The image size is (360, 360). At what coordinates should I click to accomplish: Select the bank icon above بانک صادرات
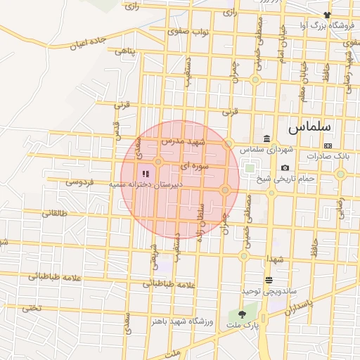click(328, 145)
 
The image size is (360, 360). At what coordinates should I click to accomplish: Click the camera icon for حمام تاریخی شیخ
click(285, 167)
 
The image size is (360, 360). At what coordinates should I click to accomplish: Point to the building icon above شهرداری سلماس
click(266, 139)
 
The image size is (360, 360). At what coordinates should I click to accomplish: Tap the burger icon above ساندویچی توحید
click(269, 281)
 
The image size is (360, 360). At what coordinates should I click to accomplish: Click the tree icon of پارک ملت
click(243, 315)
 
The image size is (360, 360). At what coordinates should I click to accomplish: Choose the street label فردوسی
click(81, 181)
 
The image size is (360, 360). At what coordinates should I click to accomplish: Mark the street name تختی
click(31, 307)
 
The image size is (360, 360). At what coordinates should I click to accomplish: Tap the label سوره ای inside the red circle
click(194, 167)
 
